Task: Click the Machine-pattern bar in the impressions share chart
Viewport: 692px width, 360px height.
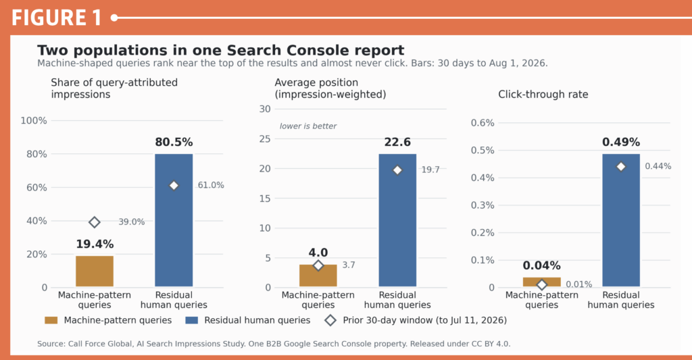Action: tap(95, 272)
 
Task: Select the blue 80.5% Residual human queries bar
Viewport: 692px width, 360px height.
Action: tap(174, 221)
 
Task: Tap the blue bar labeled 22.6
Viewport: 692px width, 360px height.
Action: tap(397, 221)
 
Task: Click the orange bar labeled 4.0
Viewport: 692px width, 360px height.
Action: tap(318, 276)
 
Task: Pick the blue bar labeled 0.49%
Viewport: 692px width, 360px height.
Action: tap(621, 221)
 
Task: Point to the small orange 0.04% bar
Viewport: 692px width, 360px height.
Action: tap(541, 282)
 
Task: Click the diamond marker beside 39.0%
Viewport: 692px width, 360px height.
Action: tap(95, 222)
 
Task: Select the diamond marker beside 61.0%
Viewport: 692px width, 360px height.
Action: tap(174, 186)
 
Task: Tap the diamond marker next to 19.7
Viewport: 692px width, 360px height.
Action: tap(397, 170)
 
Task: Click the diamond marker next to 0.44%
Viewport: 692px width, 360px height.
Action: tap(621, 167)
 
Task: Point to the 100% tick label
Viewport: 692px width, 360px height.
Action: tap(34, 120)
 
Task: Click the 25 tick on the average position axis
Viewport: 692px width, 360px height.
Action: tap(265, 139)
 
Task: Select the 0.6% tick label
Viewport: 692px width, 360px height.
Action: tap(483, 123)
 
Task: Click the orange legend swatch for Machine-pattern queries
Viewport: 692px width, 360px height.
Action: tap(51, 320)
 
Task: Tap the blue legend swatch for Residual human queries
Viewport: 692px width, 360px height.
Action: tap(191, 320)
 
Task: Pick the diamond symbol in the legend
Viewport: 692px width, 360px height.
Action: tap(330, 320)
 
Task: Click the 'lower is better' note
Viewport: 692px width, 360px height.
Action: tap(308, 126)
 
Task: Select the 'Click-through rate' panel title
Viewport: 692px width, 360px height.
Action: tap(543, 95)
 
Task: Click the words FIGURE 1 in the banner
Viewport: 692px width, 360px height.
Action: tap(57, 18)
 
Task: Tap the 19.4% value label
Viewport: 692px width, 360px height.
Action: tap(95, 244)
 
